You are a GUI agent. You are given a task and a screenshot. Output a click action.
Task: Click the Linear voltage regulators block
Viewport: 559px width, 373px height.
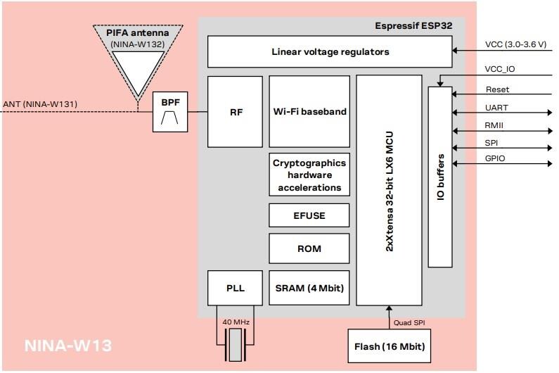(x=330, y=52)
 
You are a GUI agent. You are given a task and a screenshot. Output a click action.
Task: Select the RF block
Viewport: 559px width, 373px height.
(x=236, y=112)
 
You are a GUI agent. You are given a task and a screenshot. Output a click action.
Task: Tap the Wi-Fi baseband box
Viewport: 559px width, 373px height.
(x=309, y=112)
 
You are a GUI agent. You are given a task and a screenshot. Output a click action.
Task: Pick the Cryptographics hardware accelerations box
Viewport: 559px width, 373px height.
(x=309, y=175)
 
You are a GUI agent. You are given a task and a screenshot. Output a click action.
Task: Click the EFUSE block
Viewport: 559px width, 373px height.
(x=309, y=215)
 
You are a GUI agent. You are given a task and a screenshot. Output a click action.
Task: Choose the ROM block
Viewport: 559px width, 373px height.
(x=309, y=249)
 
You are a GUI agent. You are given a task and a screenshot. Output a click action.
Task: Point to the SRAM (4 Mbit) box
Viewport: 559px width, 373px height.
(x=309, y=287)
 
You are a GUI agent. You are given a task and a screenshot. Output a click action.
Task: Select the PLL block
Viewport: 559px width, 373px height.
(x=236, y=287)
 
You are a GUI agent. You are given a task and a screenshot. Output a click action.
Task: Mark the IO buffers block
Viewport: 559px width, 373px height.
(x=440, y=176)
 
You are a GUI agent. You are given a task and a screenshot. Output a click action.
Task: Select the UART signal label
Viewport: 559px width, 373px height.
(x=496, y=108)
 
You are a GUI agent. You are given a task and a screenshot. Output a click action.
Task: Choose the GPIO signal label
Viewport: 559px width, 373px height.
(x=496, y=159)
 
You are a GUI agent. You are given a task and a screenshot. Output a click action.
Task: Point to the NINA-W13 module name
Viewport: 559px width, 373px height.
(x=68, y=346)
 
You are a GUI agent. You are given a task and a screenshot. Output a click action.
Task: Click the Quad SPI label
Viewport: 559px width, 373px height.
(x=410, y=322)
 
